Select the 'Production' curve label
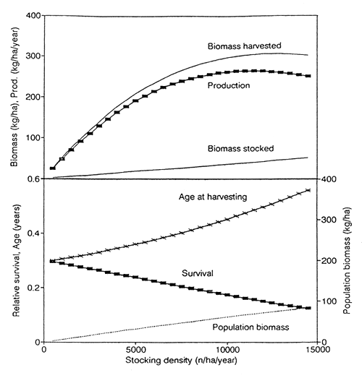click(229, 85)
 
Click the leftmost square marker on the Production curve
click(52, 168)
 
